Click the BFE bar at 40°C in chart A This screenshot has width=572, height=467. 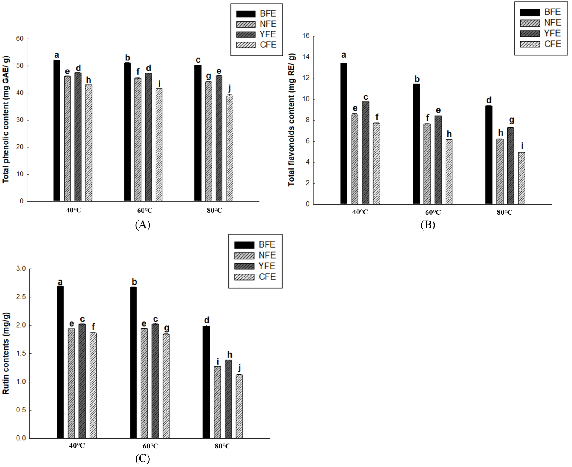(x=57, y=131)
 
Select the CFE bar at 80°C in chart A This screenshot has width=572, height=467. (x=230, y=148)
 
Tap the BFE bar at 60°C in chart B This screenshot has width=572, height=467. (x=416, y=144)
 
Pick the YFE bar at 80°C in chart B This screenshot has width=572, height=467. (x=510, y=166)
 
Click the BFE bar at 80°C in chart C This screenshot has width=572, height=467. (x=206, y=382)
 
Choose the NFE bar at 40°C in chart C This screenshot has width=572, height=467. (x=71, y=383)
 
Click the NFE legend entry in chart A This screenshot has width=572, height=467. (x=256, y=24)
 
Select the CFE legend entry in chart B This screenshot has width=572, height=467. (x=540, y=44)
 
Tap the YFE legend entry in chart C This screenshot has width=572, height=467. (x=255, y=266)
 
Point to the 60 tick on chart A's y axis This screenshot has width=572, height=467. (x=20, y=39)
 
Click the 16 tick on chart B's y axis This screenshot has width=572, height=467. (x=306, y=36)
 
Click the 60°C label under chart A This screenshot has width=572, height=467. (x=145, y=211)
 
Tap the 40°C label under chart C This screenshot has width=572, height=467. (x=77, y=445)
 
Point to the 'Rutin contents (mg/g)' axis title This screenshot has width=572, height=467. (x=6, y=353)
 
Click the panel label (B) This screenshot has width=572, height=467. (x=428, y=225)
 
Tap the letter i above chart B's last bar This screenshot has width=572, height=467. (x=522, y=146)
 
